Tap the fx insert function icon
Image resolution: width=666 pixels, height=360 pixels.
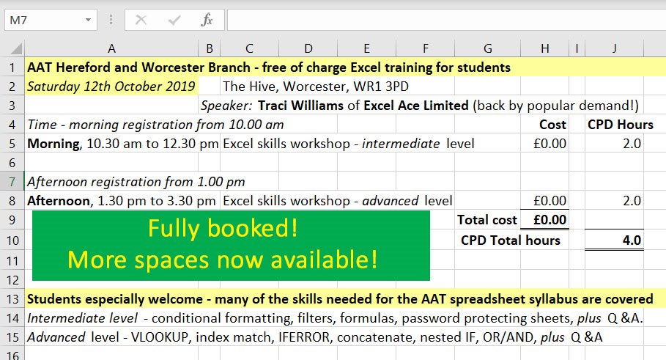coord(207,20)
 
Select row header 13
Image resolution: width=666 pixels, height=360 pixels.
coord(12,298)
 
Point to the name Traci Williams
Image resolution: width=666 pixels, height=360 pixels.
coord(300,106)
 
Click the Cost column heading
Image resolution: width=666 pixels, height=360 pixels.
coord(552,125)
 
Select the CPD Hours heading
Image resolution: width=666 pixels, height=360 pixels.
coord(620,125)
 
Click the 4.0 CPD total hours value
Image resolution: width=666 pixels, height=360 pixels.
coord(632,240)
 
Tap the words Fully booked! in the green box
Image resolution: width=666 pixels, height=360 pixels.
coord(223,229)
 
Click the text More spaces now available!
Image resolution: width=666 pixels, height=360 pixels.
coord(223,259)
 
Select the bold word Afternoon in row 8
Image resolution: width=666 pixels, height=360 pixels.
coord(59,201)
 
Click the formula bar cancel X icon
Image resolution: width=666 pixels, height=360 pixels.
coord(141,20)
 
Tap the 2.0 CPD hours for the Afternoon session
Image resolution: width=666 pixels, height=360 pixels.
coord(632,201)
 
